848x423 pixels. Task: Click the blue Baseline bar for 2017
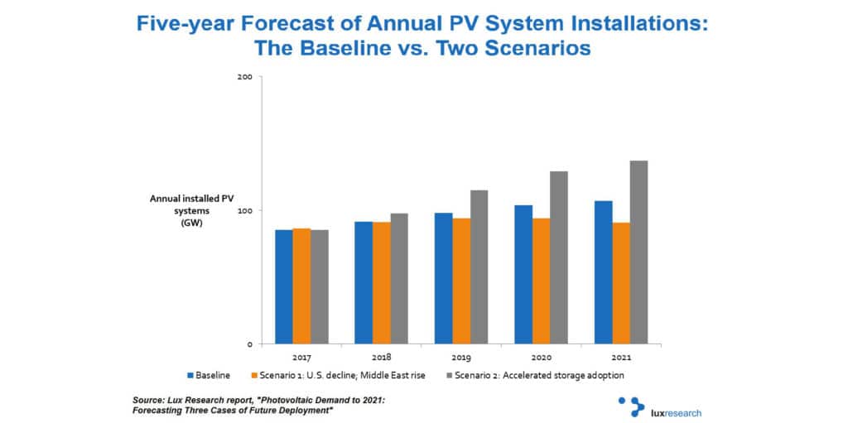pyautogui.click(x=284, y=286)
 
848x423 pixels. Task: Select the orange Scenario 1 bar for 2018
pyautogui.click(x=381, y=283)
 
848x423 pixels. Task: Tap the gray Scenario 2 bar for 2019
pyautogui.click(x=479, y=267)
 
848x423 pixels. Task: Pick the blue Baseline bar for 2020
pyautogui.click(x=523, y=274)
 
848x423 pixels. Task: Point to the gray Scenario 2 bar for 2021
pyautogui.click(x=638, y=252)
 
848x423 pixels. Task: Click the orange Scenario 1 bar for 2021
pyautogui.click(x=621, y=283)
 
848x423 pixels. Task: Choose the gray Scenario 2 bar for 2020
pyautogui.click(x=559, y=257)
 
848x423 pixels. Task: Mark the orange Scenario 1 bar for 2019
pyautogui.click(x=460, y=281)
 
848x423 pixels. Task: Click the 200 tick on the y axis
pyautogui.click(x=245, y=77)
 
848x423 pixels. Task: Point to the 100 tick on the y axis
pyautogui.click(x=245, y=210)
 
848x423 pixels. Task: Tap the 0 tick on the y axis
pyautogui.click(x=250, y=344)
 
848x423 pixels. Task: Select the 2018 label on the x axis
pyautogui.click(x=381, y=358)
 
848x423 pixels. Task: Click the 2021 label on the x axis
pyautogui.click(x=621, y=358)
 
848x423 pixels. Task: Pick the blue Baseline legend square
pyautogui.click(x=190, y=375)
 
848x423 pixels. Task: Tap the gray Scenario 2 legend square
pyautogui.click(x=450, y=375)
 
